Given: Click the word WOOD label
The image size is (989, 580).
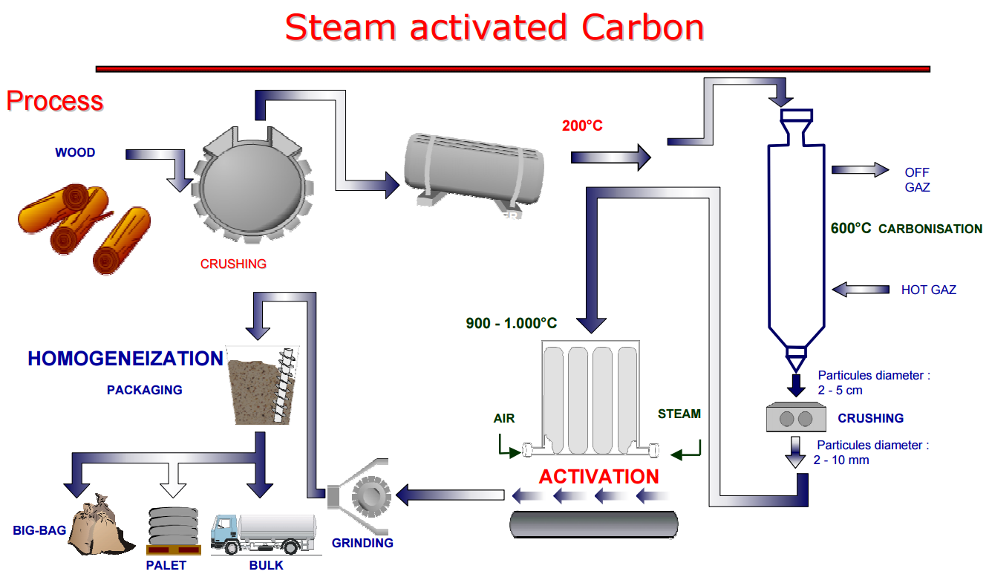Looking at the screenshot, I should click(75, 152).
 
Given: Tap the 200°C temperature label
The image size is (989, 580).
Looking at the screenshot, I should click(582, 126).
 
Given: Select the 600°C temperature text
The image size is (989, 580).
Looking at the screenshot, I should click(851, 228).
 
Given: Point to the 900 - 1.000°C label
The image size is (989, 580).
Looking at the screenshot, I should click(511, 323).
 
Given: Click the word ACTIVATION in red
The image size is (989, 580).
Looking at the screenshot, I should click(598, 476).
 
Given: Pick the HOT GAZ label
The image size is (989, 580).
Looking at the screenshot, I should click(928, 290).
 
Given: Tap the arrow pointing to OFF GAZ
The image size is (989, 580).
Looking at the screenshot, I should click(859, 170).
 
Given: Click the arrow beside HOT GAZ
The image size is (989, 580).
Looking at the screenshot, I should click(861, 288).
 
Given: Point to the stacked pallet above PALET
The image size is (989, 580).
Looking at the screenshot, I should click(175, 530).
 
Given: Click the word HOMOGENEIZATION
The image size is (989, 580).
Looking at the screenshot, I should click(125, 359).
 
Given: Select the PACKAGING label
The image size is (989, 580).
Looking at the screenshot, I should click(144, 389).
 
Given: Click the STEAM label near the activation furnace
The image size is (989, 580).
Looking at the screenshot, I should click(679, 414).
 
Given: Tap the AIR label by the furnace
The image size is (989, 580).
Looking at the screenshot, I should click(504, 418).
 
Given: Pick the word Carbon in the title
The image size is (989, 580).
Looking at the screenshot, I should click(642, 27).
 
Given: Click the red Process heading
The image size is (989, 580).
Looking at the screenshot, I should click(54, 101).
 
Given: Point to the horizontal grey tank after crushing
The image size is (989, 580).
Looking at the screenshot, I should click(473, 170).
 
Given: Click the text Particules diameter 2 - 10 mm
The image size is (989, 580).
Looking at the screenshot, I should click(872, 452).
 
